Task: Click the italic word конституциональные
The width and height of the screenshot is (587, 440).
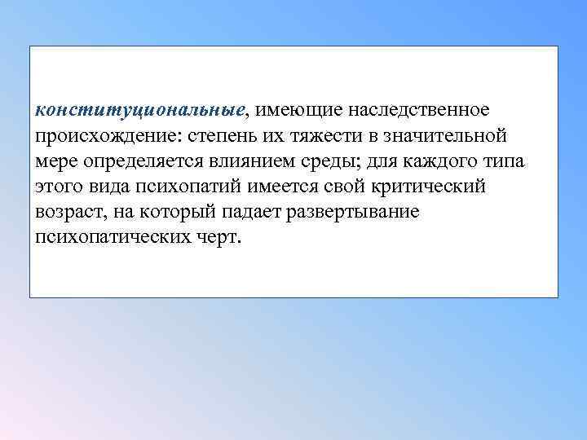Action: (141, 109)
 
